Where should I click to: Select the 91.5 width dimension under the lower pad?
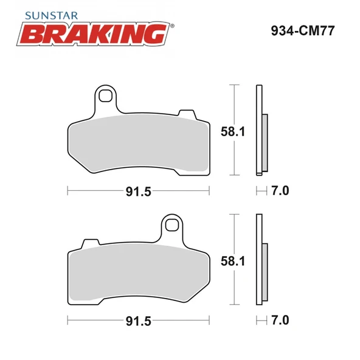138,320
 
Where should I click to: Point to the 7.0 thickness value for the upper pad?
280,191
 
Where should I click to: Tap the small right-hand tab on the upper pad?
185,114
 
